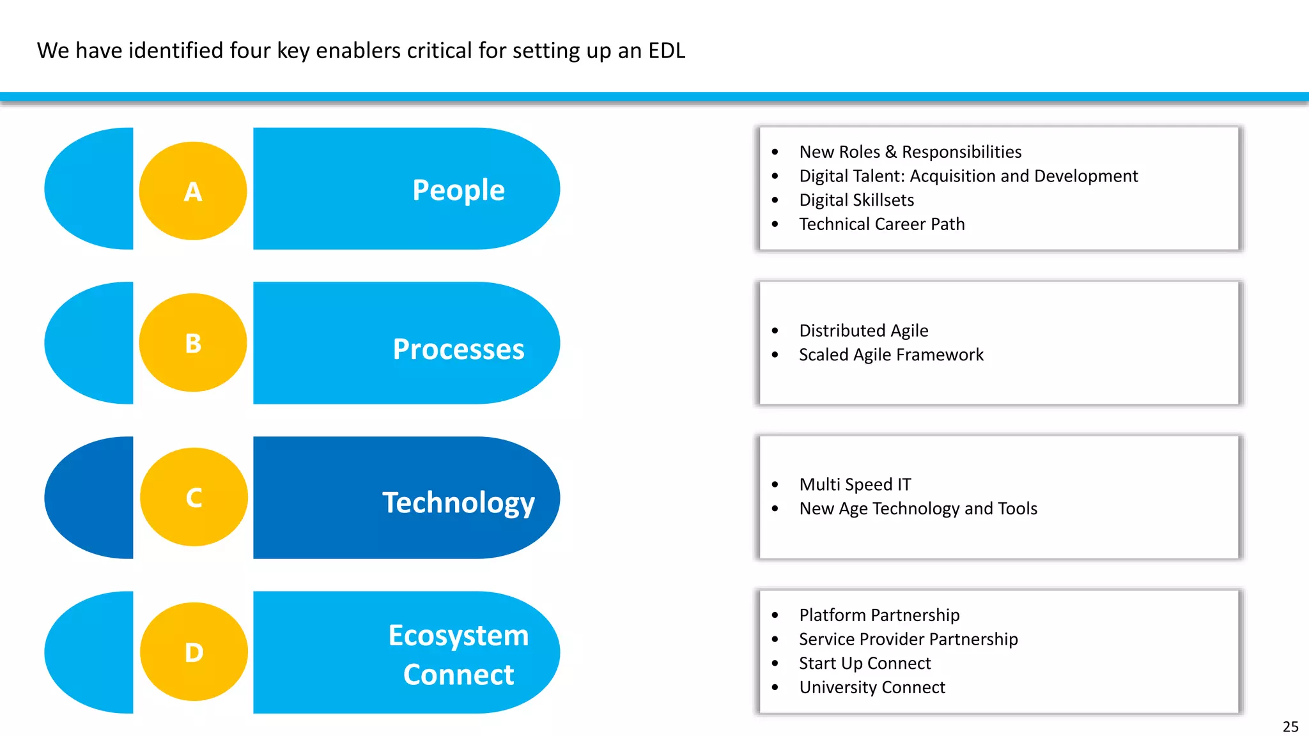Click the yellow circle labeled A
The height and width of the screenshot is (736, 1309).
point(193,191)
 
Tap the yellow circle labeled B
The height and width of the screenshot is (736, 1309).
point(193,343)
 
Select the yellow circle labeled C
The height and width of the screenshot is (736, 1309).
point(194,497)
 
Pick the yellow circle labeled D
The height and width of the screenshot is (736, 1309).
point(194,652)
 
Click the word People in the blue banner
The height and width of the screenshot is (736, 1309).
point(458,190)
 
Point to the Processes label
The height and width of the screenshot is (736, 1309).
point(458,349)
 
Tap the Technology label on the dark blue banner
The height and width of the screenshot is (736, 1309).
point(458,503)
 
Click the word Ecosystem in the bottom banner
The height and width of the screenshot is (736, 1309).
point(458,636)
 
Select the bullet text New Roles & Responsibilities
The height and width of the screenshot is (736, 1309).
point(910,152)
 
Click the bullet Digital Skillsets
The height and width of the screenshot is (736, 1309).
point(856,200)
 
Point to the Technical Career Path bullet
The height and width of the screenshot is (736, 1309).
point(881,224)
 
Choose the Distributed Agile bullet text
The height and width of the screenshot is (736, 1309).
point(864,330)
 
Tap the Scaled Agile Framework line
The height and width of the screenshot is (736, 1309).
point(891,355)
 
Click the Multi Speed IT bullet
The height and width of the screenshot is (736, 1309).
point(855,484)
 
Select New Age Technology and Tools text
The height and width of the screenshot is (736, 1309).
point(918,509)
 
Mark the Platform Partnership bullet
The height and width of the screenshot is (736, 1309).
point(879,615)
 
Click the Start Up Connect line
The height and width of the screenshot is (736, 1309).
point(865,663)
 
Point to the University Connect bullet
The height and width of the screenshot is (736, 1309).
point(872,687)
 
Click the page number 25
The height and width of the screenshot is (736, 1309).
point(1290,726)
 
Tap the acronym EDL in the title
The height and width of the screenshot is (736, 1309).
point(666,50)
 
